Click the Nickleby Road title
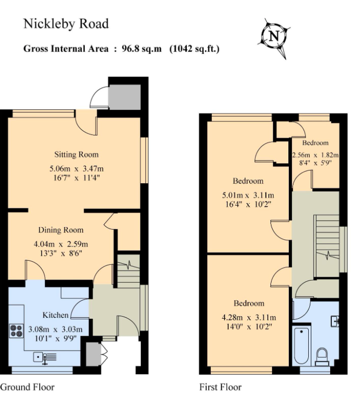[x=66, y=24]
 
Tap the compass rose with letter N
[x=274, y=37]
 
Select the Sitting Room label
[x=76, y=154]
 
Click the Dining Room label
[x=61, y=230]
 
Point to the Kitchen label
[x=55, y=315]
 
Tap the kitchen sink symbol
[x=44, y=357]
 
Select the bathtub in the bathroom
[x=302, y=345]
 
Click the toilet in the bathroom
[x=322, y=356]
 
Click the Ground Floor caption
[x=27, y=388]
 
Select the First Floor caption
[x=220, y=388]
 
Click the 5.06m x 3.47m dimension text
[x=77, y=169]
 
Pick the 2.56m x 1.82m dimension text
[x=315, y=155]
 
